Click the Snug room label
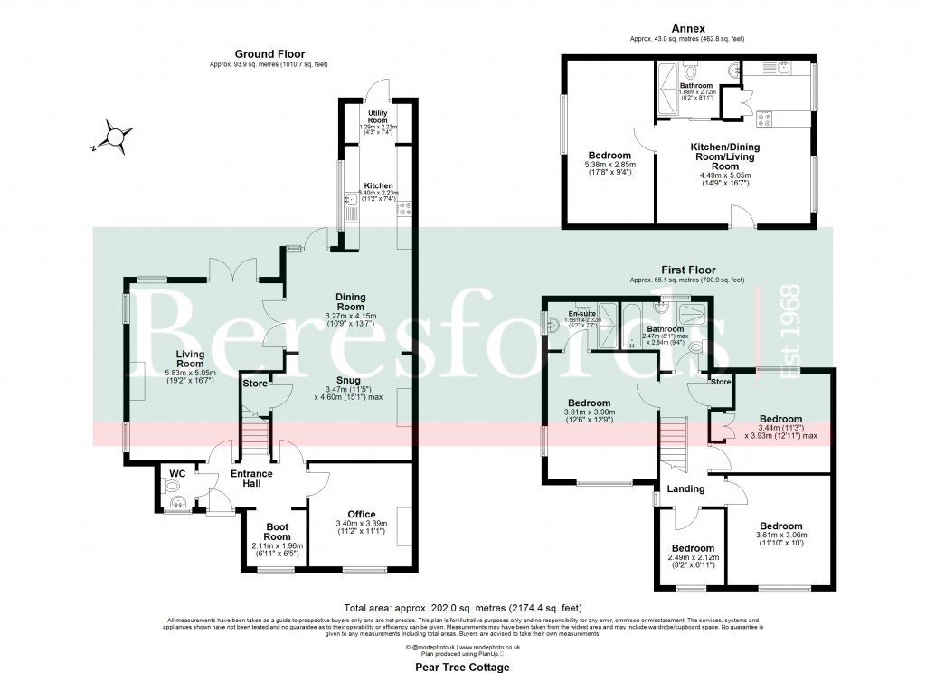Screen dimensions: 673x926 347,381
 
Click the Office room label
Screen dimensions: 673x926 361,515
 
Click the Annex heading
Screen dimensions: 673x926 686,27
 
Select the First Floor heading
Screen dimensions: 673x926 686,270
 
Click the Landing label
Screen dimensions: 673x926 685,489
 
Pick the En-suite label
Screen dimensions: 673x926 570,310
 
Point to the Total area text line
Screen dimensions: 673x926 463,607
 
